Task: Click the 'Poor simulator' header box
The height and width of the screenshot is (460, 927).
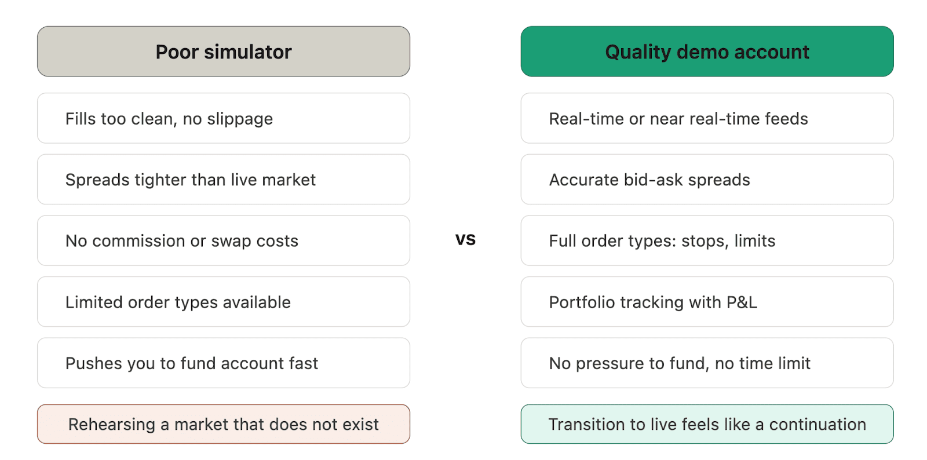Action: (x=224, y=52)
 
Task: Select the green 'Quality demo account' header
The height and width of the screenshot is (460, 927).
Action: (x=707, y=52)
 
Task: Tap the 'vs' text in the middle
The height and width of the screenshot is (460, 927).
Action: (x=465, y=239)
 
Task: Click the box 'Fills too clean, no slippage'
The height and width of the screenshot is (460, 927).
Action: (x=224, y=118)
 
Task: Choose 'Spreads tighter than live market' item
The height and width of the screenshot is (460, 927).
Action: (x=224, y=180)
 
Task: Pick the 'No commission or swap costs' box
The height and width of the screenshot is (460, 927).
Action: (x=224, y=240)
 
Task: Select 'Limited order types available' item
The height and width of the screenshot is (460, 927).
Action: (x=224, y=302)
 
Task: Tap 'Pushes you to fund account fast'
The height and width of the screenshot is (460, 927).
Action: (x=224, y=363)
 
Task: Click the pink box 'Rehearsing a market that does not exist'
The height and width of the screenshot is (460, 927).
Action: (x=224, y=424)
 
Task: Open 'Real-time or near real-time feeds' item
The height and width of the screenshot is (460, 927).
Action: (x=707, y=118)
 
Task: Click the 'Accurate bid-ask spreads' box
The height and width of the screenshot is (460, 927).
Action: (x=707, y=180)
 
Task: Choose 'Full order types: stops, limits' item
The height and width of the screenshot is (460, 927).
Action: (x=707, y=240)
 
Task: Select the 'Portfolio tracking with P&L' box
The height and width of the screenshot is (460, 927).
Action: (x=707, y=302)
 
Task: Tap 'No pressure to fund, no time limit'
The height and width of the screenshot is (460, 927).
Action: (x=707, y=363)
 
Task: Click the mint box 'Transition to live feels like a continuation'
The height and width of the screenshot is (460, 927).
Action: (x=707, y=424)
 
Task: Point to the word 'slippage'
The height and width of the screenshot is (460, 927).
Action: (x=240, y=119)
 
